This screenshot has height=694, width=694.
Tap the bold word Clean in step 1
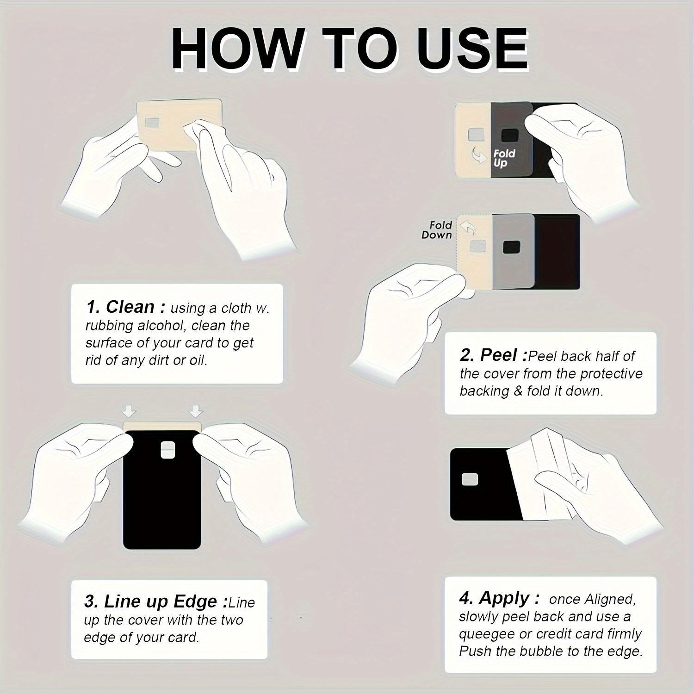[130, 307]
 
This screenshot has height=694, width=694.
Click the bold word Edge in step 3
[195, 601]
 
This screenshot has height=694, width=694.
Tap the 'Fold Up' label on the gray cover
[503, 158]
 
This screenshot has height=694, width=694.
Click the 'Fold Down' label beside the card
[437, 230]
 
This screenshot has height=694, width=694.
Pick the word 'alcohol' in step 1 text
[160, 326]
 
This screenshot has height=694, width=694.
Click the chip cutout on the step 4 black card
[470, 480]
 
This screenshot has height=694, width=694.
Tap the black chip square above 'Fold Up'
[510, 135]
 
